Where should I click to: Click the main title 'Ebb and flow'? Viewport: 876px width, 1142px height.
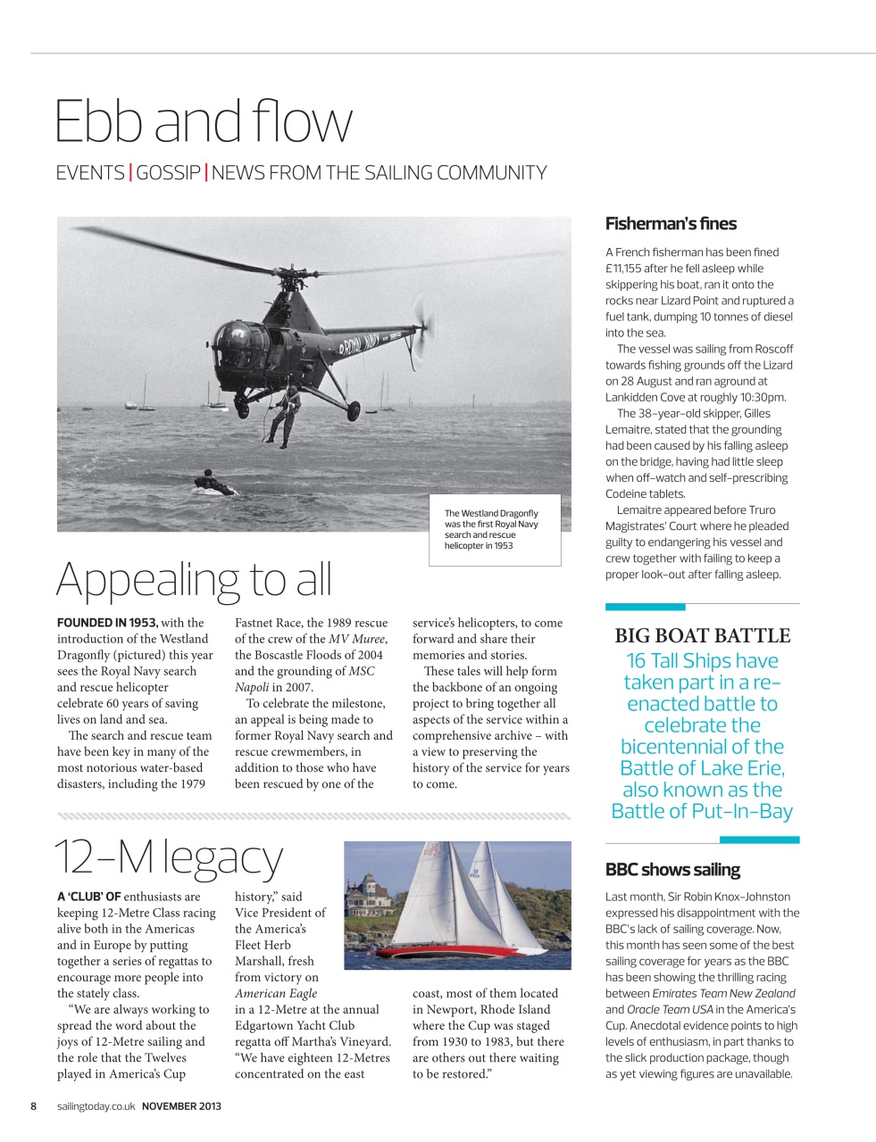coord(204,121)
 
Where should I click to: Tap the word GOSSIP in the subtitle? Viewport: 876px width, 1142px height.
coord(168,173)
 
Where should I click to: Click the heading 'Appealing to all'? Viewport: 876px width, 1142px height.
coord(194,579)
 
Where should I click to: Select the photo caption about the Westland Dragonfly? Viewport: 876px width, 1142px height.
coord(493,529)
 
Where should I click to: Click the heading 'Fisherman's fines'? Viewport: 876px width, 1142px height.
coord(671,224)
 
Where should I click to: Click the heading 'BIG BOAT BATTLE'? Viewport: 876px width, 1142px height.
coord(702,636)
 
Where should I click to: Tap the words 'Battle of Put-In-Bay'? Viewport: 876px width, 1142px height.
coord(702,811)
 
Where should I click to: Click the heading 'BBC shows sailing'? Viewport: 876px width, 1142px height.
coord(672,870)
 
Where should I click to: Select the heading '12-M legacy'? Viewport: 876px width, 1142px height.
coord(170,856)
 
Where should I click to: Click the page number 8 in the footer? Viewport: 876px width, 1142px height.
coord(34,1106)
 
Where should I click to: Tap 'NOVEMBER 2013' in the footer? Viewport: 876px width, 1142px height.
coord(181,1106)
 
